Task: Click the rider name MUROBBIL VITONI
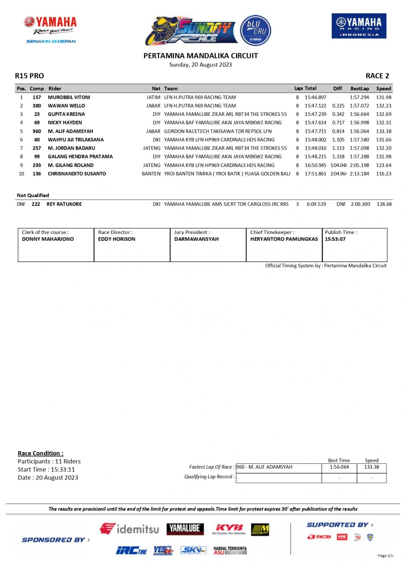[69, 97]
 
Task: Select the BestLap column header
[359, 88]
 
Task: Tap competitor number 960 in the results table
[37, 131]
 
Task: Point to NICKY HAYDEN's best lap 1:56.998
[359, 123]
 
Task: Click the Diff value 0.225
[338, 106]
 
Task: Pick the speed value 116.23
[384, 174]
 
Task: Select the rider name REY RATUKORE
[64, 204]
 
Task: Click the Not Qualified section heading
[33, 195]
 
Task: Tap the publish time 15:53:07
[335, 239]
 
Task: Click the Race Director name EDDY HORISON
[117, 239]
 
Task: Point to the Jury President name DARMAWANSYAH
[196, 239]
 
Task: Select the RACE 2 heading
[377, 76]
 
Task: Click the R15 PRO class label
[29, 76]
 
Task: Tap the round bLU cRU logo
[256, 30]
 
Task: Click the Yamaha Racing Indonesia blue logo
[359, 26]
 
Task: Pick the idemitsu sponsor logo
[129, 529]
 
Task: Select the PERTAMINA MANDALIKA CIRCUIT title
[201, 56]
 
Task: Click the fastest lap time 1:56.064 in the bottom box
[339, 467]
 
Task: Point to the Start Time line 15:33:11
[46, 469]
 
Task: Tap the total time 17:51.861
[315, 174]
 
